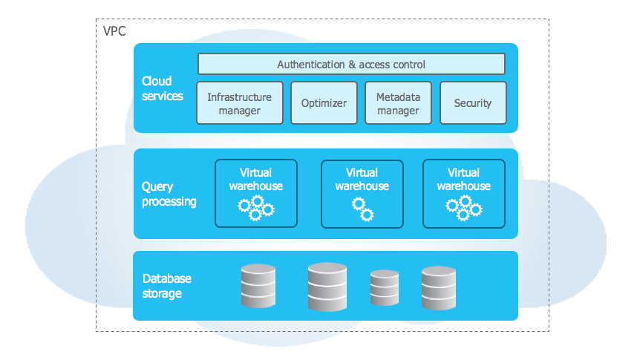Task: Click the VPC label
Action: (x=114, y=32)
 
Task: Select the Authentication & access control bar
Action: (x=351, y=64)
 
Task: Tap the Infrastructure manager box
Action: (x=239, y=103)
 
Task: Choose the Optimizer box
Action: (x=324, y=103)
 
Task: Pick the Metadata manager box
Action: (x=398, y=103)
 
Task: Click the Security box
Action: (x=472, y=103)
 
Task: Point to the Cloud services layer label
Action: (x=162, y=88)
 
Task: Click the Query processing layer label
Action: (x=169, y=194)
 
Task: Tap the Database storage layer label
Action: (x=166, y=286)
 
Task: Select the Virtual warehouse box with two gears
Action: (x=362, y=194)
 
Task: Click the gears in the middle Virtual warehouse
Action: (x=362, y=209)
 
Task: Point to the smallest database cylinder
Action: (x=385, y=288)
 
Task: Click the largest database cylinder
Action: (x=327, y=287)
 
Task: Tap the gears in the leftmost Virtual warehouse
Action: (x=256, y=208)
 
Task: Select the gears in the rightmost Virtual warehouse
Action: (x=464, y=208)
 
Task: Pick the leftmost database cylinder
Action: (x=258, y=287)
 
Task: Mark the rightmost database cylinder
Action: (x=438, y=287)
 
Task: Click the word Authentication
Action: (x=311, y=65)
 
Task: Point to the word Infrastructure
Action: (x=239, y=97)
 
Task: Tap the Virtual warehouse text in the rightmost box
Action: (x=464, y=180)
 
